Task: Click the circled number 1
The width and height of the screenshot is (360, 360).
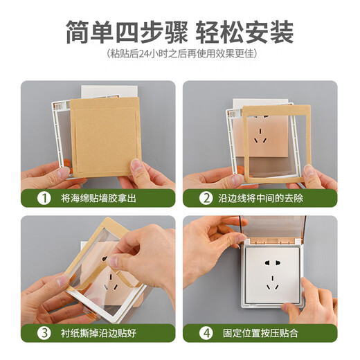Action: coord(44,198)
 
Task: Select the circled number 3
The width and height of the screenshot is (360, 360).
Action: coord(44,332)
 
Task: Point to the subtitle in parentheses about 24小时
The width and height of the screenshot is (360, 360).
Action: coord(180,54)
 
